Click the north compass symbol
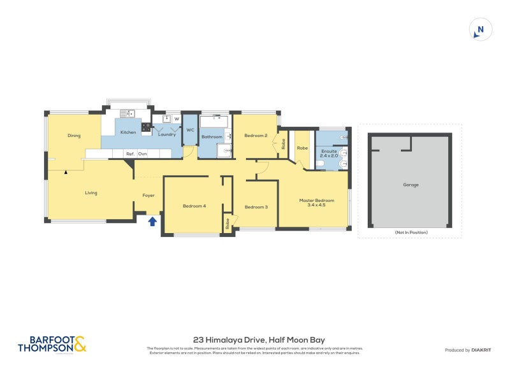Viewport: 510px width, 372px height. [x=481, y=29]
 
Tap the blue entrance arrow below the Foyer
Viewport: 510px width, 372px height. [x=152, y=222]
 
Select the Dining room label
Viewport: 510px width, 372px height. [x=74, y=136]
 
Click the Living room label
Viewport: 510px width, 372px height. [x=91, y=192]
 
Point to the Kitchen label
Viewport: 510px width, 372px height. [x=128, y=132]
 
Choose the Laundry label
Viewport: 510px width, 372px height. [x=167, y=134]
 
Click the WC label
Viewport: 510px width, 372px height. [x=190, y=130]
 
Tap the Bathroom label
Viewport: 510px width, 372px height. [x=212, y=137]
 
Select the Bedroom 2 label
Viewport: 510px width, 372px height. [x=256, y=135]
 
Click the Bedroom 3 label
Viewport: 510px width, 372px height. [x=256, y=206]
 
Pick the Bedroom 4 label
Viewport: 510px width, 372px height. [x=194, y=206]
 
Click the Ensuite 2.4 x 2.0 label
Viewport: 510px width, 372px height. [x=330, y=153]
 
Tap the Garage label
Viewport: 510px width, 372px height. [x=411, y=185]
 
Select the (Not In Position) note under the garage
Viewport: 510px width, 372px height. [x=411, y=232]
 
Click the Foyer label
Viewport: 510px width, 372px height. [x=148, y=196]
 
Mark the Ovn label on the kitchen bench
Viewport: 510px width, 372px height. [x=143, y=154]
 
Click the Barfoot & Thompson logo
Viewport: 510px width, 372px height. [x=52, y=344]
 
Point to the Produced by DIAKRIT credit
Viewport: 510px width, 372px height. [x=467, y=350]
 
